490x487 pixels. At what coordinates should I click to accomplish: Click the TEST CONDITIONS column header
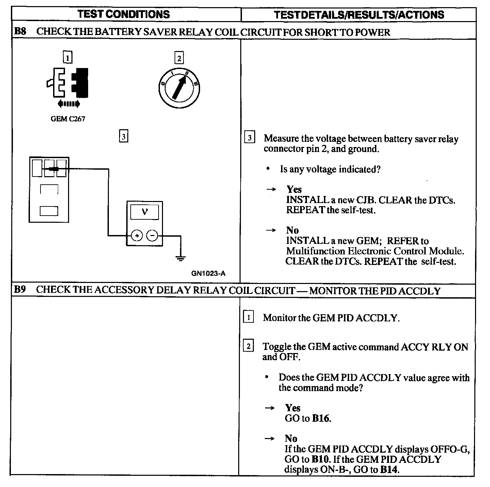(x=124, y=14)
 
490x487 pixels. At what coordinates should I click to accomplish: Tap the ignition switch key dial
(x=179, y=89)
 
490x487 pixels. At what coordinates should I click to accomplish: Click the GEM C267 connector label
(x=68, y=119)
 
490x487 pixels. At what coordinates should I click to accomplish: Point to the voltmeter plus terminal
(x=137, y=235)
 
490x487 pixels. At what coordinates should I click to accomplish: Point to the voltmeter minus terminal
(x=152, y=235)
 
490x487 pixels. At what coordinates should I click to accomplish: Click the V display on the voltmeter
(x=145, y=213)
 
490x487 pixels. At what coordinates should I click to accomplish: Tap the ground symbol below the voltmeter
(x=180, y=259)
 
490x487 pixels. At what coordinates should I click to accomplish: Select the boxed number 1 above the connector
(x=68, y=57)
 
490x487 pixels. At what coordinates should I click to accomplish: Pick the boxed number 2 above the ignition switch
(x=179, y=58)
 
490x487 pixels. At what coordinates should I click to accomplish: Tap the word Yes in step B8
(x=294, y=189)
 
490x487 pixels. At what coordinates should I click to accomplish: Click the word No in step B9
(x=291, y=438)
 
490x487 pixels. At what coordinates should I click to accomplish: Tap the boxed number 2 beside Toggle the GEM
(x=248, y=347)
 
